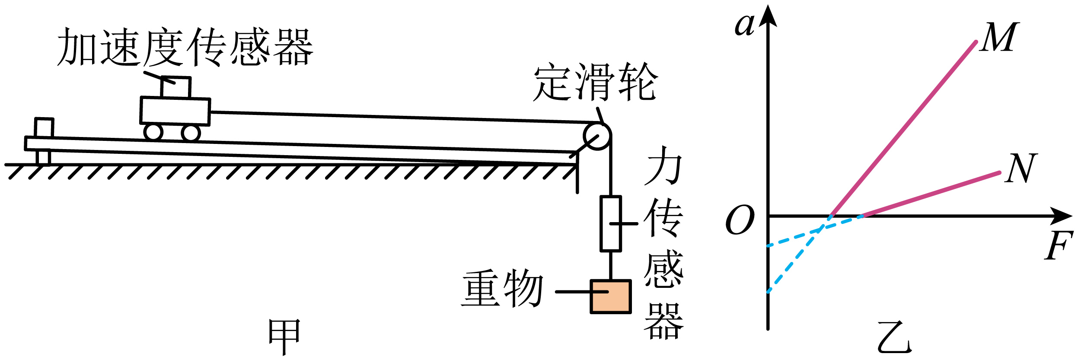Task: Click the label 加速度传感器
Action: coord(185,47)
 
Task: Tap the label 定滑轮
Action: coord(596,82)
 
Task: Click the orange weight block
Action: coord(611,296)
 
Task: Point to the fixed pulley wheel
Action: coord(597,136)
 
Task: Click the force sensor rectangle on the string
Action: coord(611,223)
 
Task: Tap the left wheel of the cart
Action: coord(153,132)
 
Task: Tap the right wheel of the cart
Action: coord(191,133)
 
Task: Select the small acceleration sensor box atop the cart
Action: coord(175,87)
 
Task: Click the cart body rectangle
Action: coord(175,111)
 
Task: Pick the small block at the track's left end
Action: coord(44,127)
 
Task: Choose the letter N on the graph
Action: coord(1021,168)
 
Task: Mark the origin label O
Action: coord(740,220)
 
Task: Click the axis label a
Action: coord(745,25)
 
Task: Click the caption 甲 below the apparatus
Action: coord(284,336)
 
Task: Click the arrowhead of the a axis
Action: coord(768,16)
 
